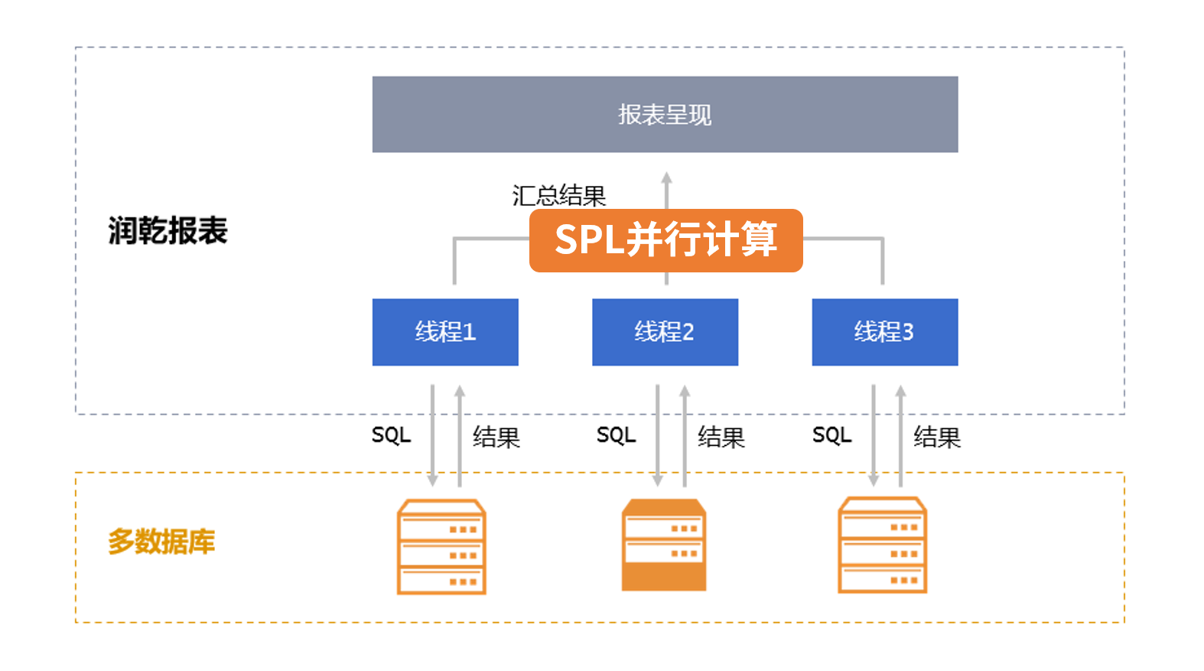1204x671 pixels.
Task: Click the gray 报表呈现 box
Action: tap(665, 114)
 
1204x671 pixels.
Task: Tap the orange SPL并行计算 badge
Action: tap(665, 240)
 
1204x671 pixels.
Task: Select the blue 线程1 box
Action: tap(445, 332)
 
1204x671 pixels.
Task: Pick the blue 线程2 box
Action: tap(665, 332)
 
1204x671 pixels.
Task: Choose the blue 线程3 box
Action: tap(884, 332)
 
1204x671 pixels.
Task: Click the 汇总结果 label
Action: tap(558, 196)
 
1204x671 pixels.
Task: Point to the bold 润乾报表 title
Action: tap(168, 230)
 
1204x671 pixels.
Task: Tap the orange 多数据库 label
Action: tap(161, 542)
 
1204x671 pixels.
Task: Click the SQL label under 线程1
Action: tap(391, 435)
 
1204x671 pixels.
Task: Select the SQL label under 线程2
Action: tap(616, 435)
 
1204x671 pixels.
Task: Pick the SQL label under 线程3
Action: tap(831, 435)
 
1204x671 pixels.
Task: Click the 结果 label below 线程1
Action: tap(496, 437)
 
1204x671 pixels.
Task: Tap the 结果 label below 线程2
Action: tap(721, 437)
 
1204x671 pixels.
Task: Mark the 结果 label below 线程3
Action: tap(936, 437)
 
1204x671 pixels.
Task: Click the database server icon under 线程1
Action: tap(441, 546)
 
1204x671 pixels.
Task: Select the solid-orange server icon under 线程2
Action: tap(664, 545)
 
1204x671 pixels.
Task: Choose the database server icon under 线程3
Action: tap(883, 545)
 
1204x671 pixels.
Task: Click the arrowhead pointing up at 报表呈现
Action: tap(666, 178)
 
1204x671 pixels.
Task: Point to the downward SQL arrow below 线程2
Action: tap(657, 436)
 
